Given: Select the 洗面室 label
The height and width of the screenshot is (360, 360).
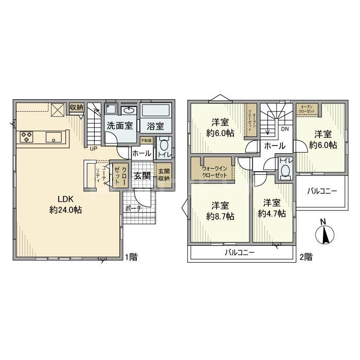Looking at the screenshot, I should (119, 125).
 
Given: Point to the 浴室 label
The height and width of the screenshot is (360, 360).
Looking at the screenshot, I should (155, 125).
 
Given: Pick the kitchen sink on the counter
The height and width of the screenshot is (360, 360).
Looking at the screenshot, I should (53, 137).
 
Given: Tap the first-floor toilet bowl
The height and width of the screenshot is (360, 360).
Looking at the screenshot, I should (162, 145).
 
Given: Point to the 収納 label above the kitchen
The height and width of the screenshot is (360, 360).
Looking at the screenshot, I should (77, 107).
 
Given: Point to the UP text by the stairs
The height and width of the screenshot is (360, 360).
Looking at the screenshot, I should (93, 149).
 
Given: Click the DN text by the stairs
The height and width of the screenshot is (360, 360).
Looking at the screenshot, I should (284, 129).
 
